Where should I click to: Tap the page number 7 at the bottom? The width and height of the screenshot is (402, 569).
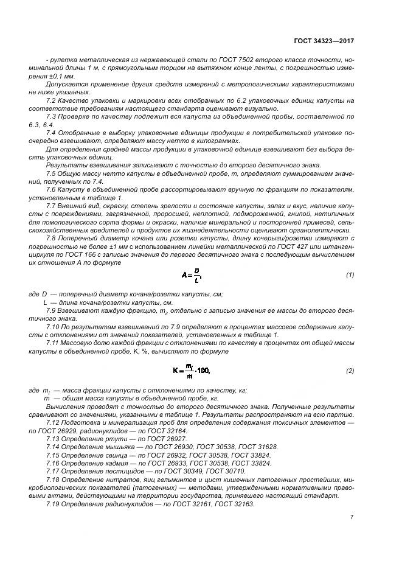click(x=352, y=517)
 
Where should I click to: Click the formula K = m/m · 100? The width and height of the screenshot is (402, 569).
click(x=190, y=371)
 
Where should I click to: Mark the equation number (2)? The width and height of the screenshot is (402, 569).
click(x=350, y=371)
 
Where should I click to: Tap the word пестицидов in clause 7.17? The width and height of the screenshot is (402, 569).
click(x=112, y=471)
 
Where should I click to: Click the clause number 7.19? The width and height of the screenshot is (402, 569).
click(x=53, y=504)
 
